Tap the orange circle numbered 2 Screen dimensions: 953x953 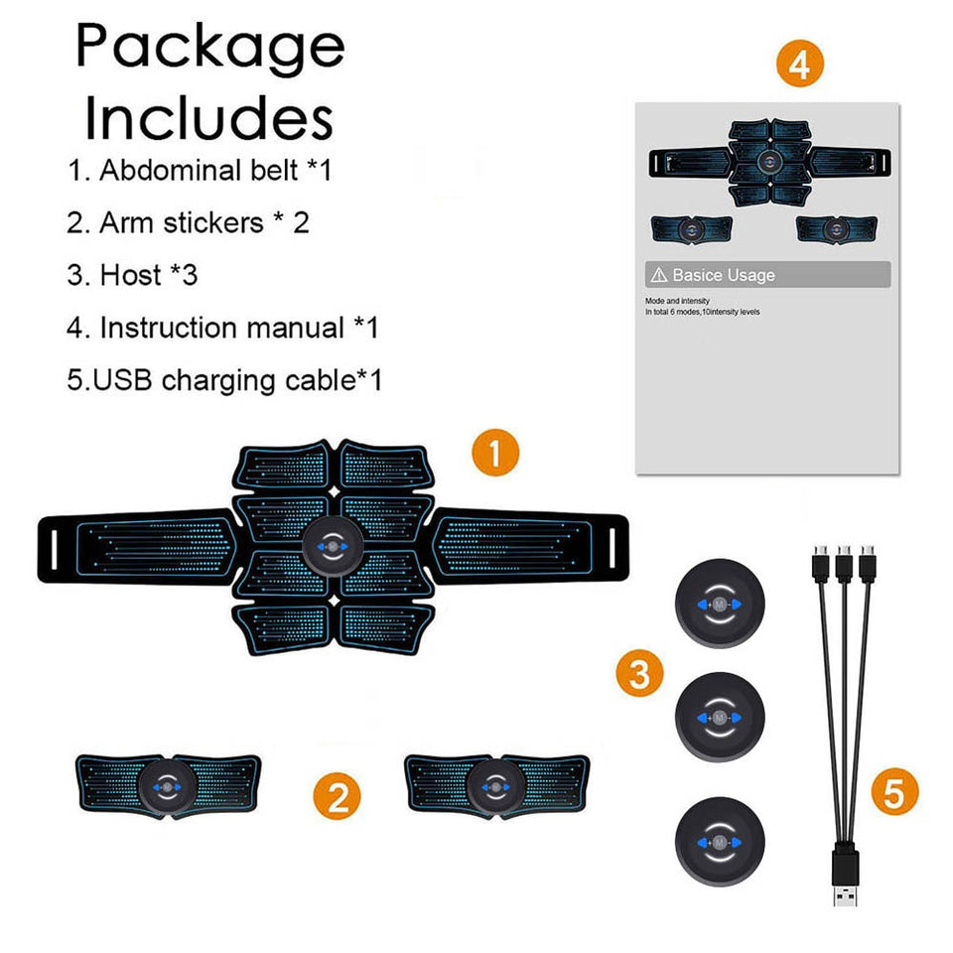pos(338,797)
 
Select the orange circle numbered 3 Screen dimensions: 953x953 pos(639,674)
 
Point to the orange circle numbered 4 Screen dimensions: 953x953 pos(800,65)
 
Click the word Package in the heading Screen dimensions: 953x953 pos(210,47)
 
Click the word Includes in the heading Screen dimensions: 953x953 pos(208,118)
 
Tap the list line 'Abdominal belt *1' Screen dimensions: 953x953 pos(199,170)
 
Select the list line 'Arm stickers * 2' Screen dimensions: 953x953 pos(188,222)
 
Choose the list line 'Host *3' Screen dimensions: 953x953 pos(132,275)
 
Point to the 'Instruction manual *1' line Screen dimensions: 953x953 pos(222,328)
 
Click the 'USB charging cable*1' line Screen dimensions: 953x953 pos(224,379)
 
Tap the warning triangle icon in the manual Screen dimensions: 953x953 pos(657,275)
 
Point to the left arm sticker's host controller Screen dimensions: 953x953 pos(168,787)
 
